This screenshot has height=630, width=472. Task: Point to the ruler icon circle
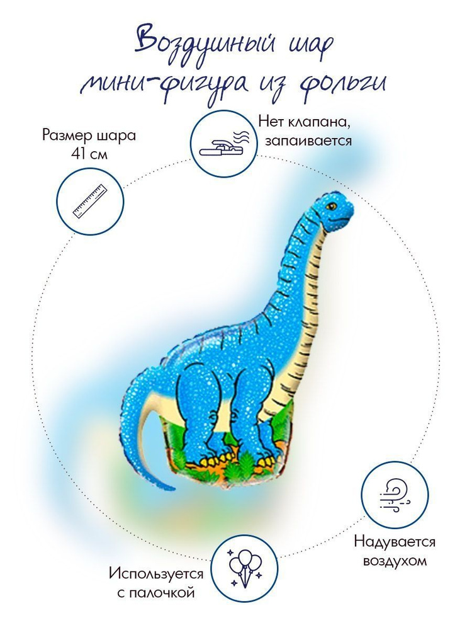(x=90, y=200)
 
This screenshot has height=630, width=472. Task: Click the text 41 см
(x=89, y=154)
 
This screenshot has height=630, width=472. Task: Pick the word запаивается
(x=308, y=141)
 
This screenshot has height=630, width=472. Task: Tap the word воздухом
(x=395, y=561)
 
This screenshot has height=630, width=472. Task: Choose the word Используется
(x=156, y=574)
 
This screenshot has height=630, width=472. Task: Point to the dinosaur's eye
(x=331, y=207)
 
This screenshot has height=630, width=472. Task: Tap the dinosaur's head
(x=335, y=211)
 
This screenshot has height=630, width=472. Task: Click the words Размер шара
(x=89, y=135)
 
